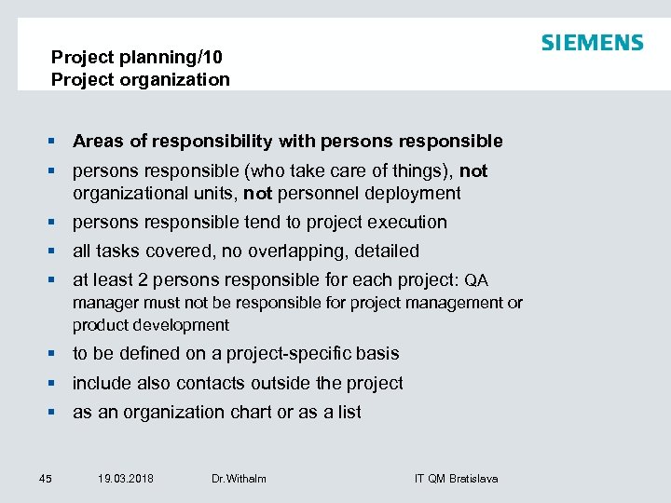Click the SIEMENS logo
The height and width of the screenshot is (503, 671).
click(592, 43)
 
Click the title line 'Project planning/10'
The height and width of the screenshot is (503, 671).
click(136, 58)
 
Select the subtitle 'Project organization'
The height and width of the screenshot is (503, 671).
click(140, 80)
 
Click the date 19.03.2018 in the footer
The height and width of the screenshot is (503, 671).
click(126, 479)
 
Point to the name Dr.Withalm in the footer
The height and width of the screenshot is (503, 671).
click(239, 479)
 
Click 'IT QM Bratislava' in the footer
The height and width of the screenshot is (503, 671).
click(456, 479)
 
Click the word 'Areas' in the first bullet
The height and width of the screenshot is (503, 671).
click(98, 142)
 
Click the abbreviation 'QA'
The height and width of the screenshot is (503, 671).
click(475, 280)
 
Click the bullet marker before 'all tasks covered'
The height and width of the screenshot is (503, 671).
click(55, 251)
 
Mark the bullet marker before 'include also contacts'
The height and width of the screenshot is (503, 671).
click(55, 383)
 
